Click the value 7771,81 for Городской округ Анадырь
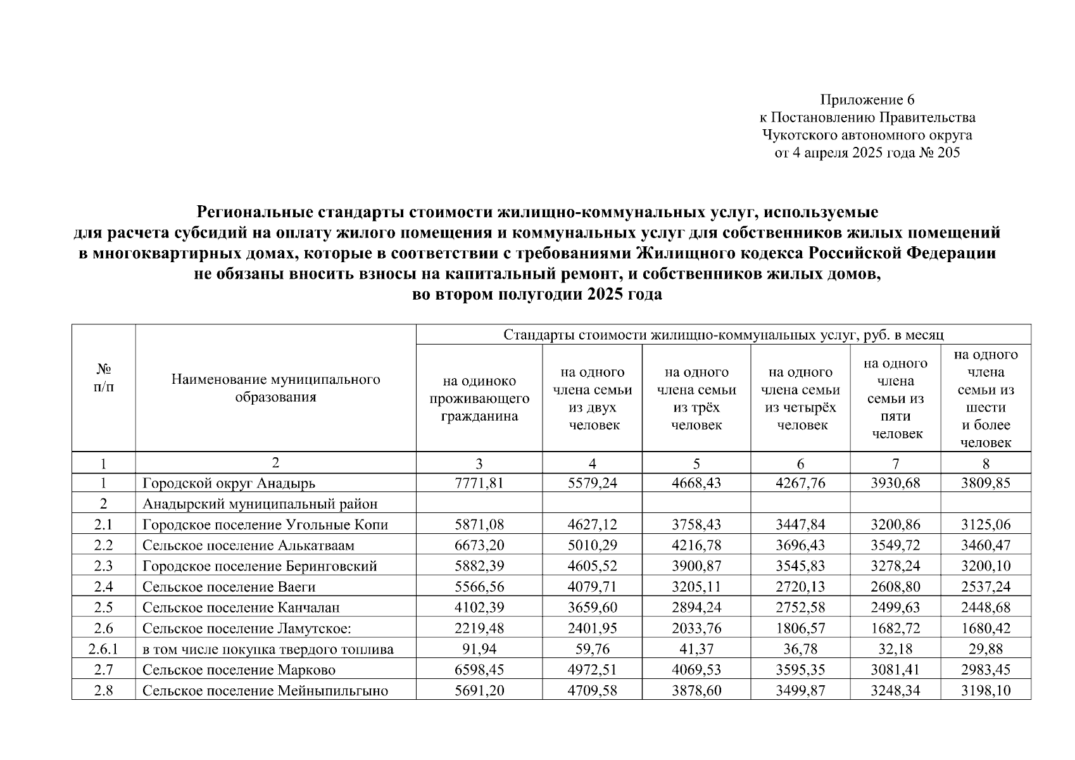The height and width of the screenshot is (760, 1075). pyautogui.click(x=479, y=483)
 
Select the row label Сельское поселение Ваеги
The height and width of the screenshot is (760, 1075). pyautogui.click(x=229, y=587)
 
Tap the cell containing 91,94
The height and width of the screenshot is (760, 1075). pyautogui.click(x=479, y=649)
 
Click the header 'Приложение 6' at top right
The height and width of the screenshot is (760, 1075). pyautogui.click(x=867, y=100)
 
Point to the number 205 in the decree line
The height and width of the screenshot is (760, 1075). pyautogui.click(x=948, y=153)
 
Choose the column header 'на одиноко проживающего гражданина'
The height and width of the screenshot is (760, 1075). pyautogui.click(x=479, y=398)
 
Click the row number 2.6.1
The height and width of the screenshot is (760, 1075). pyautogui.click(x=103, y=649)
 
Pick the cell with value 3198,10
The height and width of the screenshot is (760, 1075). pyautogui.click(x=986, y=690)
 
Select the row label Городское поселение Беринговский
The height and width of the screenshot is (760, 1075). pyautogui.click(x=260, y=566)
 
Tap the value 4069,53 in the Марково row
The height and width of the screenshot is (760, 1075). pyautogui.click(x=696, y=670)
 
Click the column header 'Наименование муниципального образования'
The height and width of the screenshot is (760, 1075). pyautogui.click(x=275, y=388)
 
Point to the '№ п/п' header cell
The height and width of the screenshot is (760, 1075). pyautogui.click(x=103, y=377)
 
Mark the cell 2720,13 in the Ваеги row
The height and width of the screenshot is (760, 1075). pyautogui.click(x=800, y=587)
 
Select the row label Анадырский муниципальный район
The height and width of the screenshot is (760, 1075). pyautogui.click(x=260, y=504)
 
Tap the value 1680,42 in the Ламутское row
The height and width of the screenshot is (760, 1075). pyautogui.click(x=986, y=628)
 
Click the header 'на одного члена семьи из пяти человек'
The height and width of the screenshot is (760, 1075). pyautogui.click(x=895, y=398)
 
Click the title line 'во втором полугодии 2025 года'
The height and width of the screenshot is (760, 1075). pyautogui.click(x=537, y=295)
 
